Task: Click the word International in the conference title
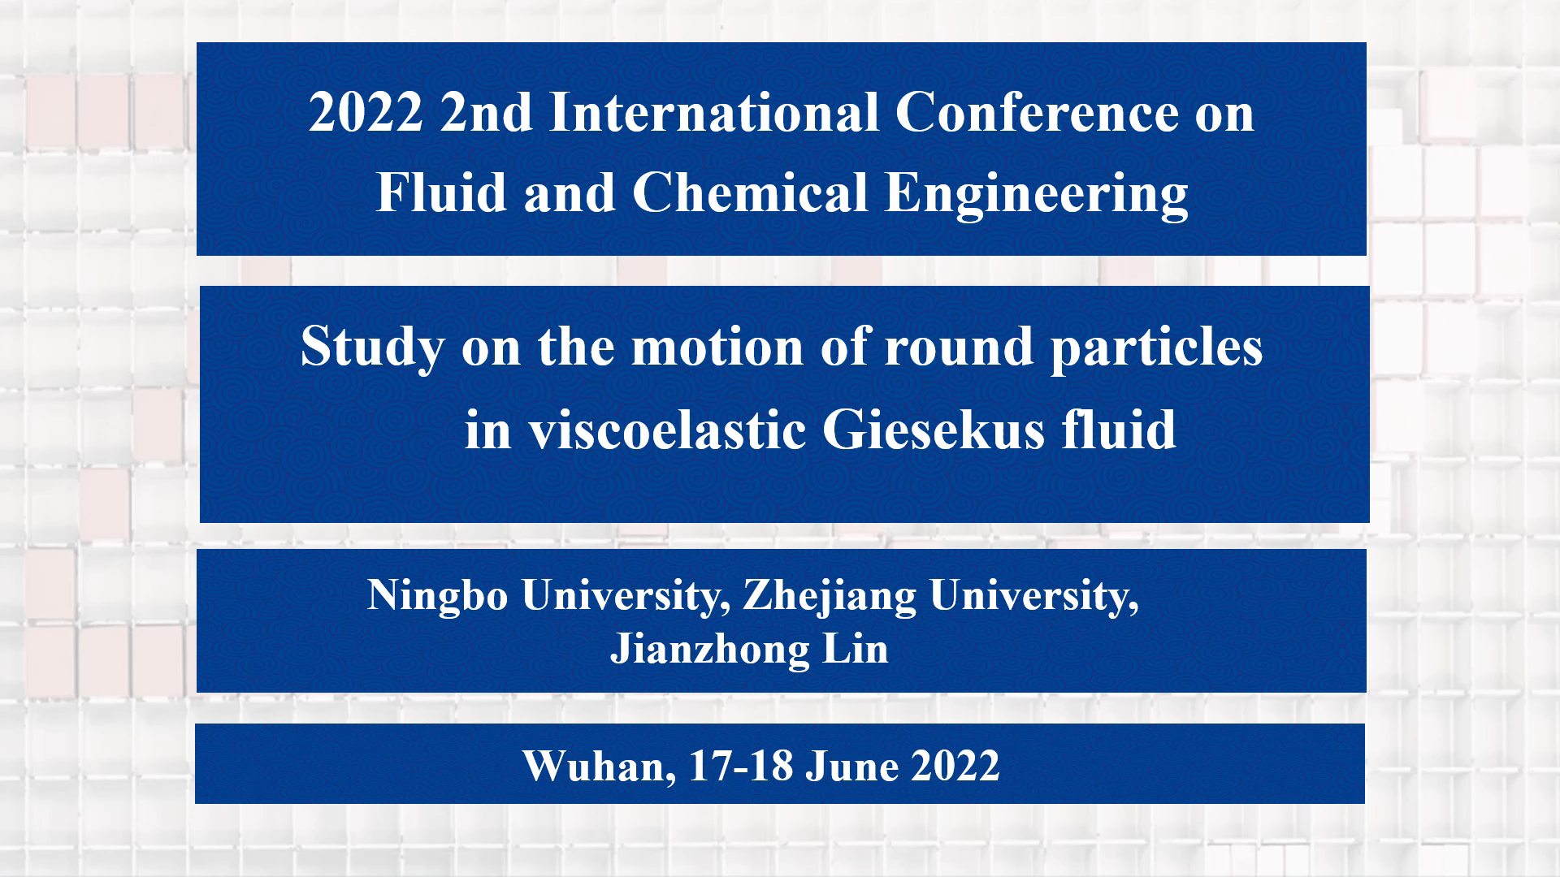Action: point(714,113)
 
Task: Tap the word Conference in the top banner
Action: point(1036,113)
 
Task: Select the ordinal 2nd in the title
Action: point(486,113)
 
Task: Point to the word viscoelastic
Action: point(668,430)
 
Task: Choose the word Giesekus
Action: point(934,430)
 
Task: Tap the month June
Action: point(852,767)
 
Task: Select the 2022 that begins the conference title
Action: point(366,113)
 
